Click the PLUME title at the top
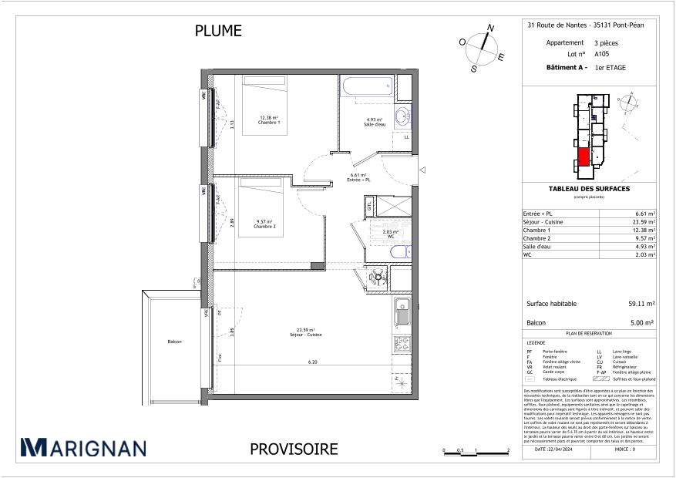218,31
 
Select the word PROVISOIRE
294,449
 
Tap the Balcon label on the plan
174,342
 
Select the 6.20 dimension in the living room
312,362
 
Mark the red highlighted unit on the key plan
584,156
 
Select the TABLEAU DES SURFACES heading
589,189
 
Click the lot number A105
602,55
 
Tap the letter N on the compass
489,28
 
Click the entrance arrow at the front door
422,170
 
